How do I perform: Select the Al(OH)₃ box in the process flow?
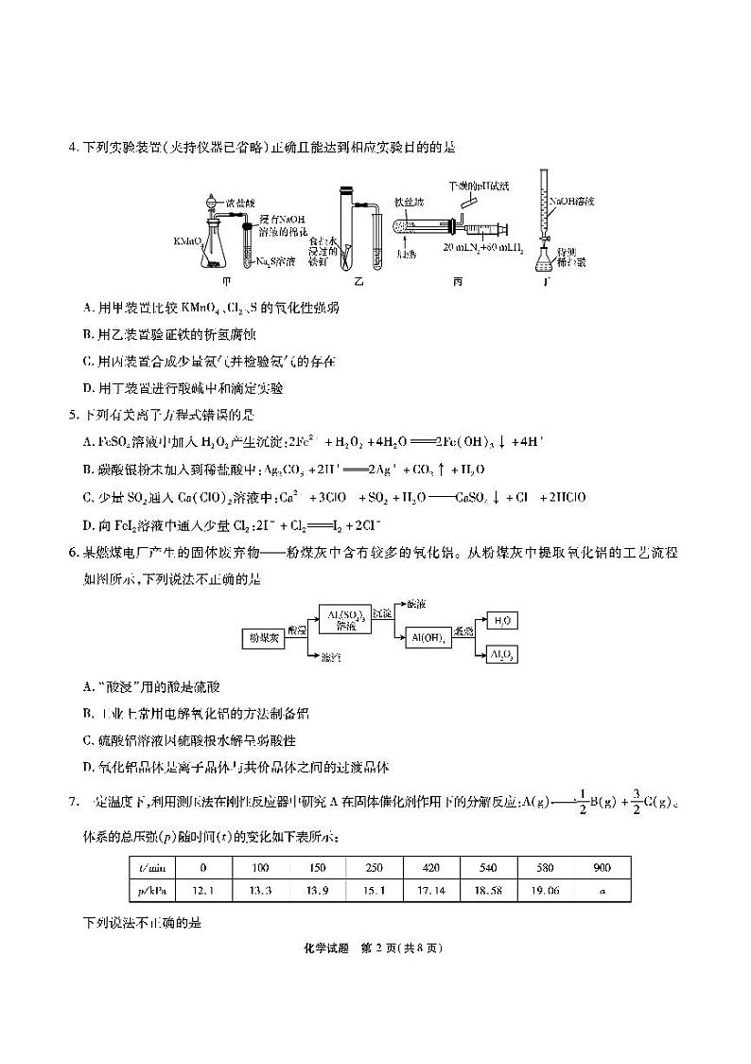click(428, 638)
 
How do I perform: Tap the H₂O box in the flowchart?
click(501, 621)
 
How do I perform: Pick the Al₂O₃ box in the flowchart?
click(501, 655)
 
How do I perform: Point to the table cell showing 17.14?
click(431, 891)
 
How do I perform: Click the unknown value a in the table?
click(603, 891)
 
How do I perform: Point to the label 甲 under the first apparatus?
click(225, 280)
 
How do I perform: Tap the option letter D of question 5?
click(88, 524)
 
